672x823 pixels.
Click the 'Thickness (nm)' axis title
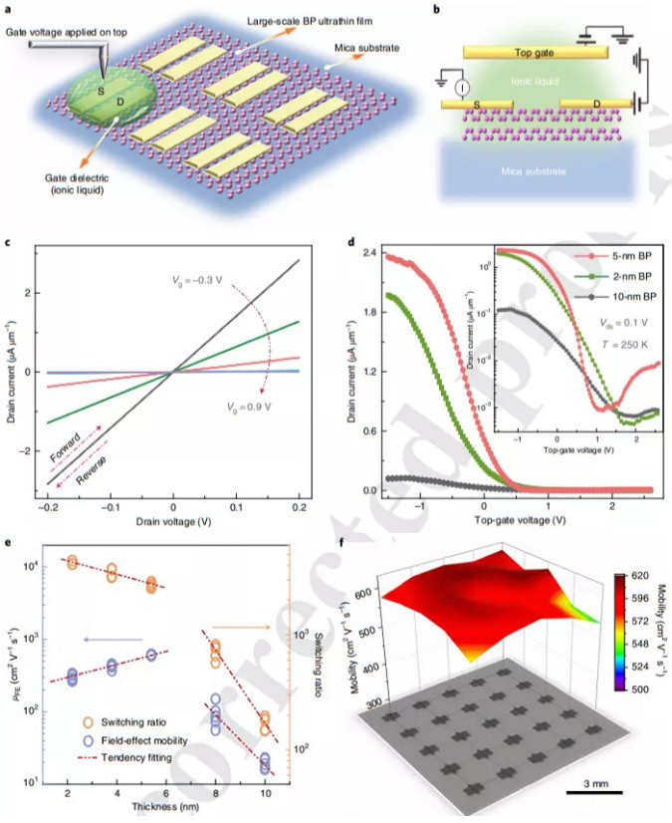(x=172, y=810)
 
